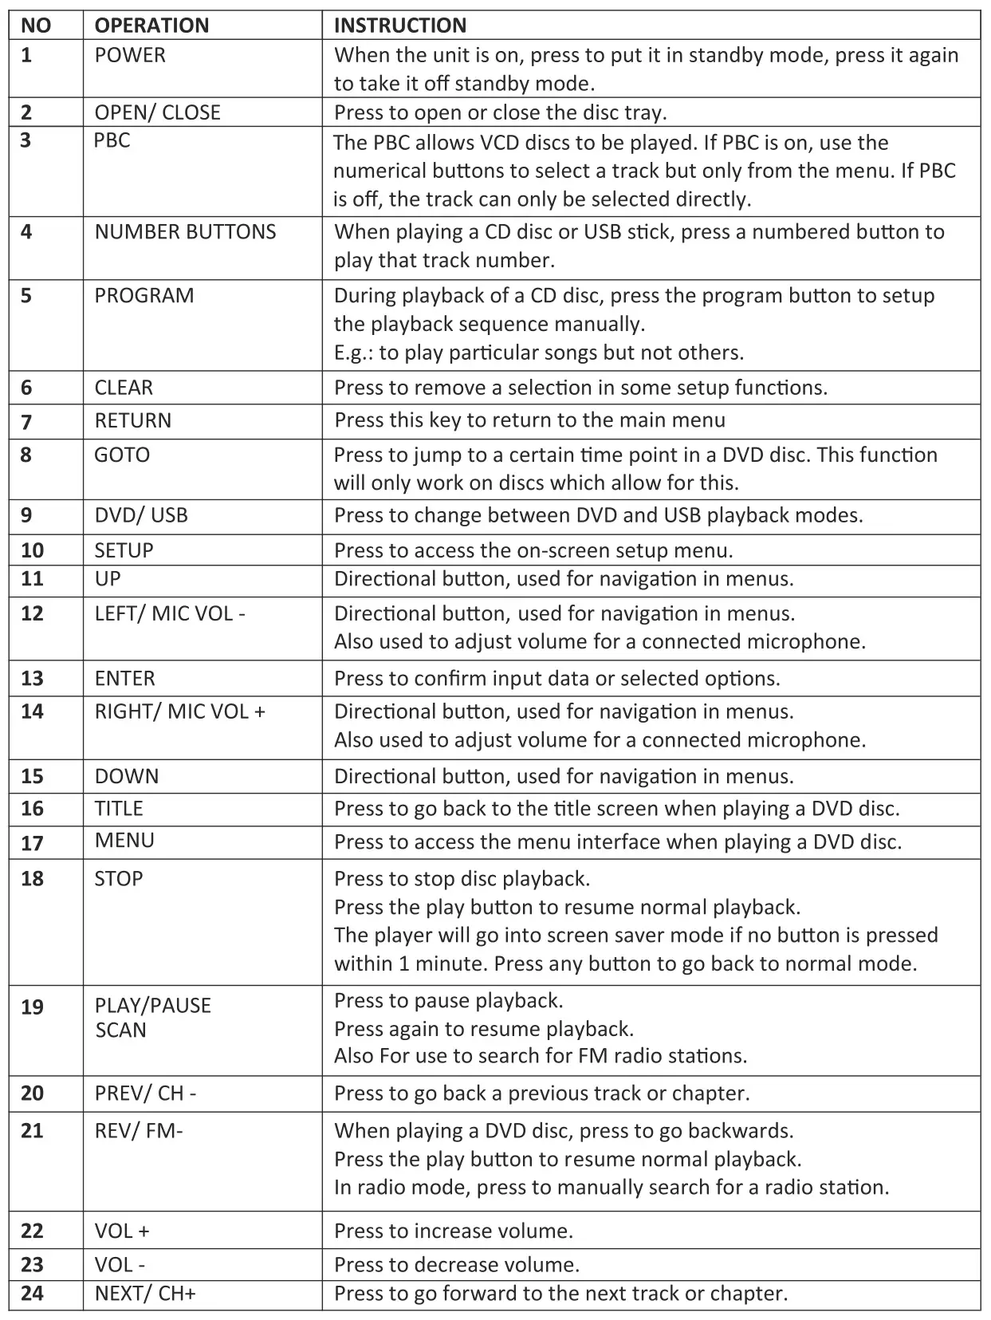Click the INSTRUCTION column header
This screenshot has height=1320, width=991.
click(x=399, y=26)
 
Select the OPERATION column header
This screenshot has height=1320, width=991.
click(x=151, y=26)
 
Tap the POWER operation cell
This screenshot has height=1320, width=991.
click(x=130, y=55)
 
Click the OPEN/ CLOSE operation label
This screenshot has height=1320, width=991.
click(x=157, y=112)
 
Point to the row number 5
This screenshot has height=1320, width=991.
click(x=26, y=296)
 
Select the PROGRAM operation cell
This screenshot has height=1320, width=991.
click(x=144, y=296)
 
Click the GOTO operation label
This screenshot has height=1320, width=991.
click(x=122, y=455)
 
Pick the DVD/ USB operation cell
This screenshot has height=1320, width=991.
click(x=141, y=515)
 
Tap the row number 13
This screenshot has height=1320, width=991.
click(x=32, y=679)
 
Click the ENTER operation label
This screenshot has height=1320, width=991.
click(x=125, y=679)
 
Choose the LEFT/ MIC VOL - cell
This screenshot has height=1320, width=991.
click(x=170, y=613)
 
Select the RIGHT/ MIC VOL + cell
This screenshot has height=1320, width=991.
click(x=179, y=711)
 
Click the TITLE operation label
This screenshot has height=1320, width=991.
click(x=119, y=809)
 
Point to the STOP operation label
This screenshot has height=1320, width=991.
click(x=119, y=879)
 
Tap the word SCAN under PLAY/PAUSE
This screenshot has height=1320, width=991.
click(x=120, y=1030)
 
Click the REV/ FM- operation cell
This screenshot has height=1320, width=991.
click(x=139, y=1131)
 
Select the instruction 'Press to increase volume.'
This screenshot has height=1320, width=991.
click(x=454, y=1231)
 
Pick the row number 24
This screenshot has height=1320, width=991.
click(x=32, y=1293)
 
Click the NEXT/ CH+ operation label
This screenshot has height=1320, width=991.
click(x=145, y=1293)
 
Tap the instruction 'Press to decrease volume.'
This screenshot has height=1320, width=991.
click(x=457, y=1264)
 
